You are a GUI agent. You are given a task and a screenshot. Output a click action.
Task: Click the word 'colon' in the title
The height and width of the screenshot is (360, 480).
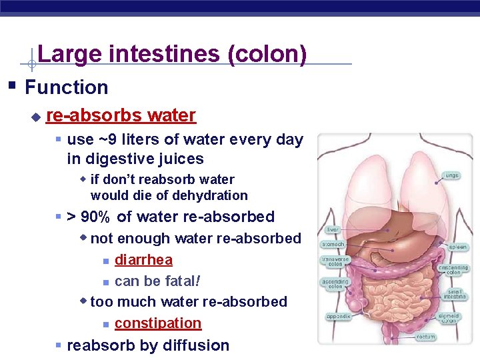point(267,54)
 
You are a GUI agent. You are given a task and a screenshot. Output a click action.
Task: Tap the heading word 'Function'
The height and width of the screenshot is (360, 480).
point(66,87)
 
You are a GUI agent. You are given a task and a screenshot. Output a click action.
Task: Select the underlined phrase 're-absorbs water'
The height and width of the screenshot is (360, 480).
point(121,115)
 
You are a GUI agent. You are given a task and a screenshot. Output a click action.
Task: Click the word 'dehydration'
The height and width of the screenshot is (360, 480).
point(209,195)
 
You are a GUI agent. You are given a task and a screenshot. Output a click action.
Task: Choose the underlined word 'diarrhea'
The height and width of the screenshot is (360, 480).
point(143,260)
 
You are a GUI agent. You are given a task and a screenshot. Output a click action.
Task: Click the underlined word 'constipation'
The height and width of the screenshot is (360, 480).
point(158,323)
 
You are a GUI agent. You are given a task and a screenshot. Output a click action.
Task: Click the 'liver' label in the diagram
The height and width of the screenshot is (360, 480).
point(333,230)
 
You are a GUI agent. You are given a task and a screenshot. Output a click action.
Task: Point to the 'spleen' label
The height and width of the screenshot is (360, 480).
point(457,247)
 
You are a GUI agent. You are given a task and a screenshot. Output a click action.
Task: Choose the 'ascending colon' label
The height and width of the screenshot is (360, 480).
point(335,284)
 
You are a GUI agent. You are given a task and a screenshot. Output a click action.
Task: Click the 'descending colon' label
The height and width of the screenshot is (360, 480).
point(453,269)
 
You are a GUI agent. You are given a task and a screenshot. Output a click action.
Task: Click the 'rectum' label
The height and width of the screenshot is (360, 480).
point(425,337)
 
